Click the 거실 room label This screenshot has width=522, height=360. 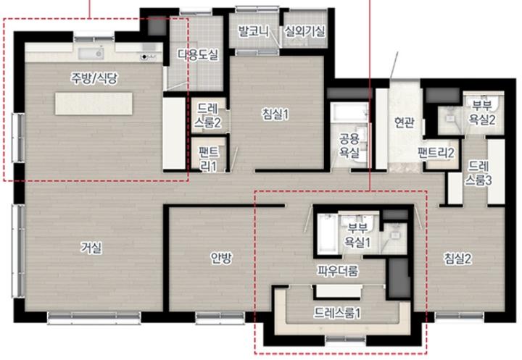click(91, 248)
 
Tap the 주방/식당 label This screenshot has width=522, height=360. click(94, 78)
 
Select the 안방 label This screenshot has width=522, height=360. click(221, 257)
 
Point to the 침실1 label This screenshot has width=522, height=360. click(275, 114)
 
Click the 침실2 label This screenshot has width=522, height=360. click(457, 259)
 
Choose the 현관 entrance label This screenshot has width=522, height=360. click(404, 122)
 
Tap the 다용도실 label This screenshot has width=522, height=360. click(198, 54)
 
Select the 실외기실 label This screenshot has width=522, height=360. click(304, 31)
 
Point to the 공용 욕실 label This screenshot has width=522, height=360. click(349, 145)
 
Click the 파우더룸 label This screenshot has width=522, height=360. click(338, 271)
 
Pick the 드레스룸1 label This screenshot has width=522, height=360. click(337, 313)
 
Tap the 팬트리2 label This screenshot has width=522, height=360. click(436, 153)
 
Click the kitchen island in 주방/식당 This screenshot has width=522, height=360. click(94, 104)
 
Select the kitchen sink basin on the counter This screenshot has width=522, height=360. click(91, 53)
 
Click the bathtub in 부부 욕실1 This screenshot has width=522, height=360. click(327, 234)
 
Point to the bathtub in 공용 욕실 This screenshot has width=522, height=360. click(349, 112)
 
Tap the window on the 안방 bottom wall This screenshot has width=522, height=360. click(219, 318)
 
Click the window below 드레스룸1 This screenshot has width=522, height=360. click(345, 340)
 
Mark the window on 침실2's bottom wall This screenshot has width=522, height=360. click(460, 317)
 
